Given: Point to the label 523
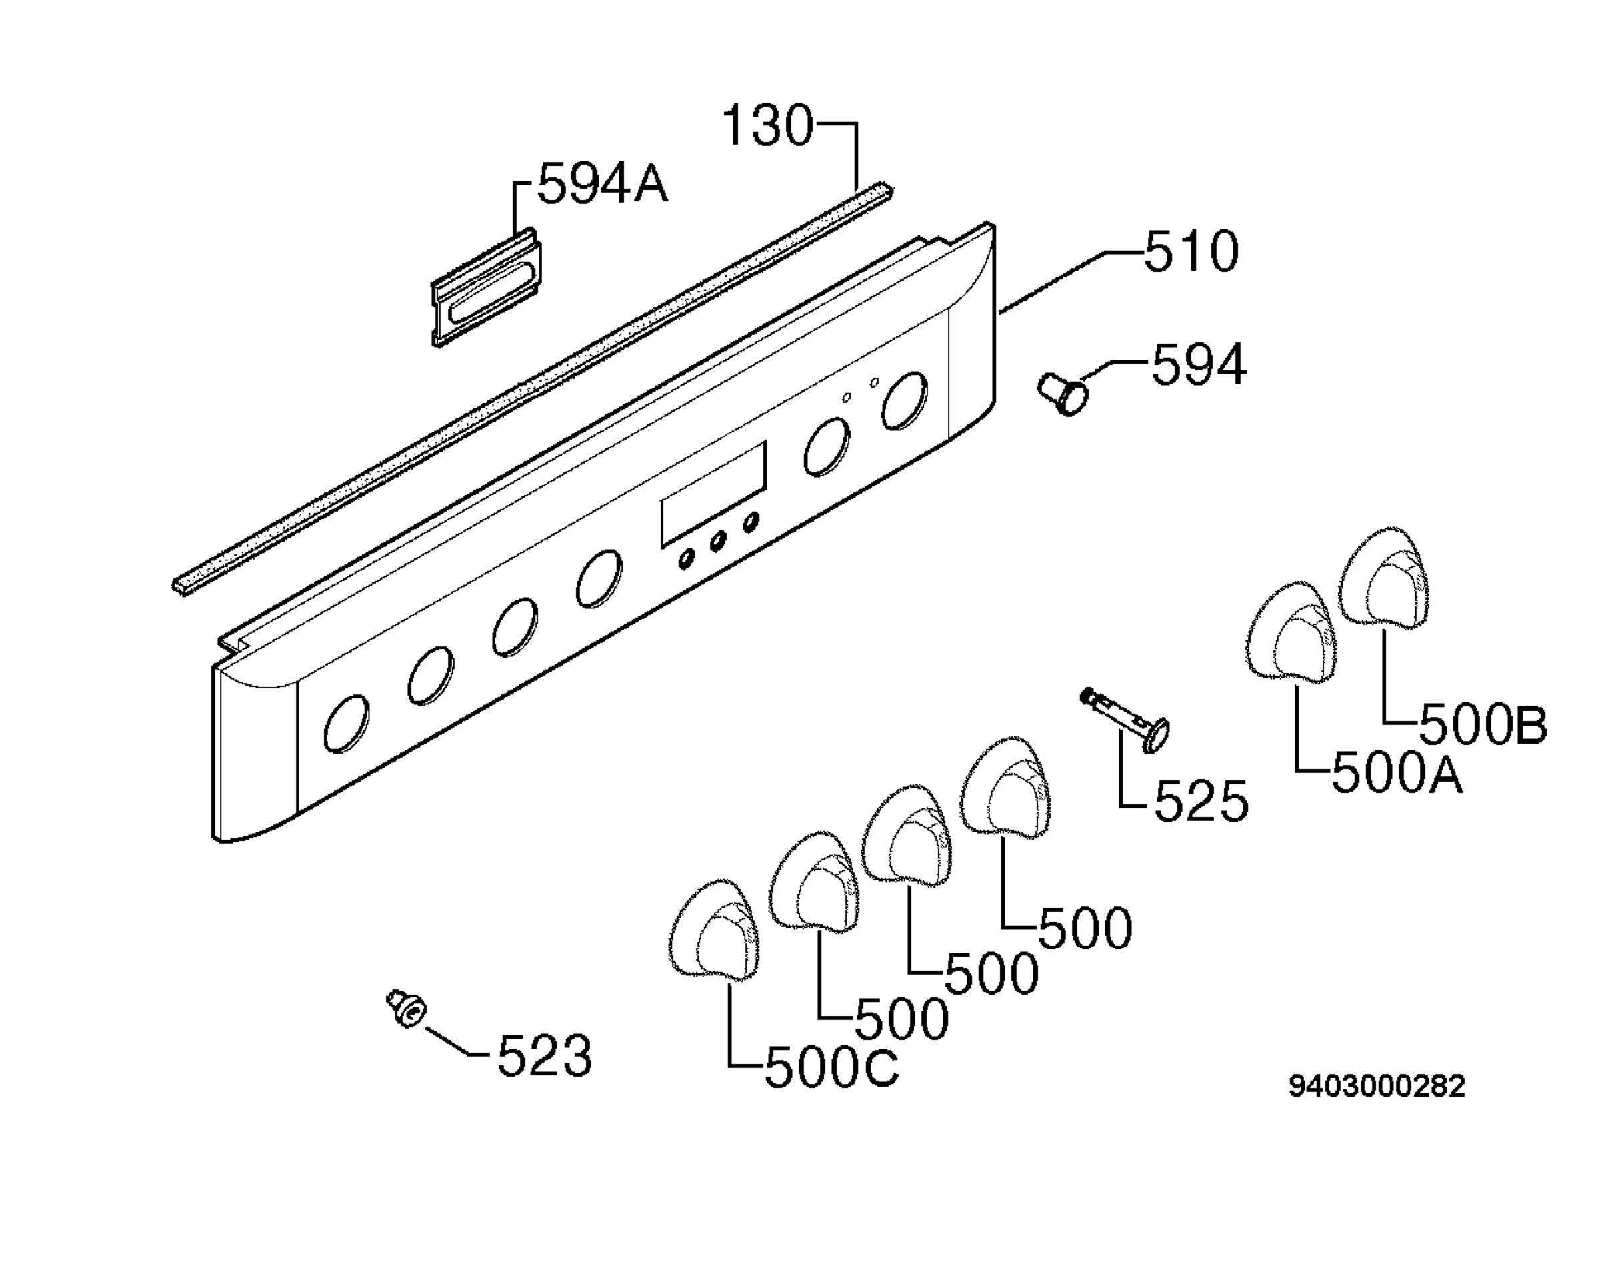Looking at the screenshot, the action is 544,1056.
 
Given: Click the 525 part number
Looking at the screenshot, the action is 1202,802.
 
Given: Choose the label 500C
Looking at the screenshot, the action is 831,1068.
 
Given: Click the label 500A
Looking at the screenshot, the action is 1397,773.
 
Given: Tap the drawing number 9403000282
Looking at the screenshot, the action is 1377,1087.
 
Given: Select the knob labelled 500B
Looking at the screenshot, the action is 1384,578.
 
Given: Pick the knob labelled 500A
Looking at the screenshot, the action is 1291,632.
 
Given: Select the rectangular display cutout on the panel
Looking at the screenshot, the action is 713,494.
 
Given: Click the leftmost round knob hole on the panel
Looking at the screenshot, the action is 347,724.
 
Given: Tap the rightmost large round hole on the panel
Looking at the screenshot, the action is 905,401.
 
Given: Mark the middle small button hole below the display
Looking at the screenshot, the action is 718,541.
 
